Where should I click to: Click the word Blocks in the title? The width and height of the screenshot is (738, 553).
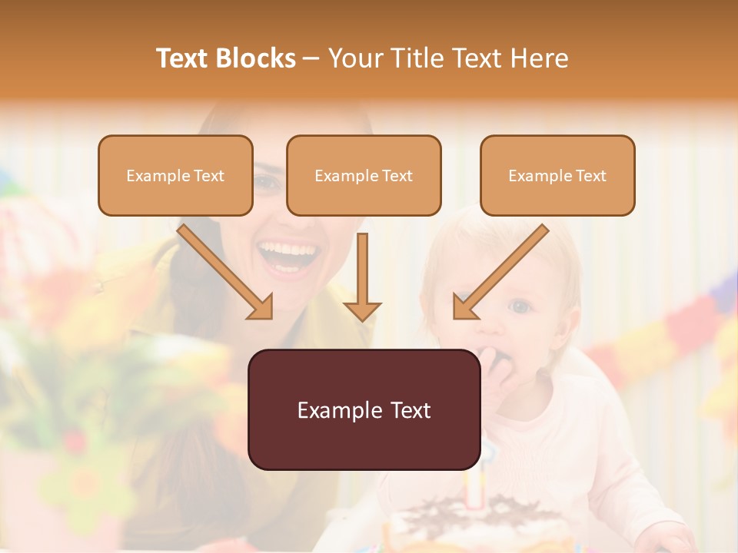point(255,58)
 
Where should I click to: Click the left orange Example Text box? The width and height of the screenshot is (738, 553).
point(175,176)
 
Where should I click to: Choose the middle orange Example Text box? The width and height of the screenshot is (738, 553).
point(364,176)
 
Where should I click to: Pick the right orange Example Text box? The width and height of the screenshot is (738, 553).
point(557,176)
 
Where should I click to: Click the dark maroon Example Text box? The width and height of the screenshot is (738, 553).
point(364,409)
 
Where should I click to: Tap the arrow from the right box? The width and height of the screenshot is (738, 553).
point(500,272)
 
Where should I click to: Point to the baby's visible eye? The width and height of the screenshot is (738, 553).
point(521,306)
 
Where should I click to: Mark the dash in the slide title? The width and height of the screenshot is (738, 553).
point(311,59)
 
